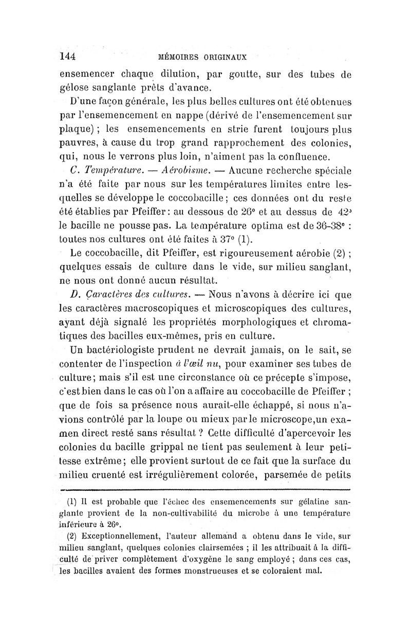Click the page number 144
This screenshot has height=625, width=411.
[x=68, y=56]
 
